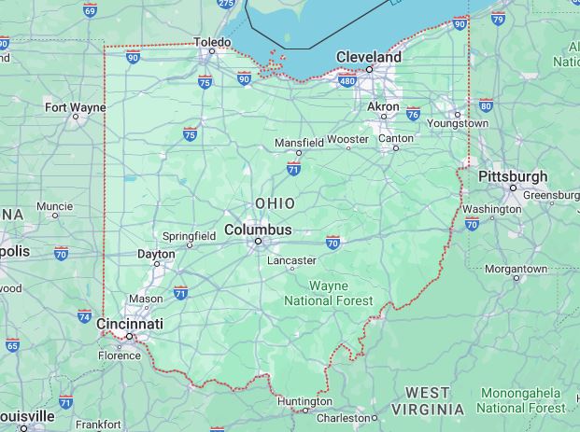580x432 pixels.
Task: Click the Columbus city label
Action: (x=258, y=230)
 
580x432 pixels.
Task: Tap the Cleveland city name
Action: (x=369, y=57)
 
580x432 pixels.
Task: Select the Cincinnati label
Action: (x=130, y=324)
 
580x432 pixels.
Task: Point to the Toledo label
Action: (x=211, y=42)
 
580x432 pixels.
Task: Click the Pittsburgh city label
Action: (x=513, y=176)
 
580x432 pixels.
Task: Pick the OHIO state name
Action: (x=275, y=203)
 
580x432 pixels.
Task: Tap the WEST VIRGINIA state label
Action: (x=428, y=401)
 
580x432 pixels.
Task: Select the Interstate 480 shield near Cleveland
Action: (x=347, y=81)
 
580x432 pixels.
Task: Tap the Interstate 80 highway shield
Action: (x=486, y=105)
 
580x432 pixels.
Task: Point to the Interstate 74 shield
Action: (x=85, y=316)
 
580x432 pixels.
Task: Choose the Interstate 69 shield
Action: (x=90, y=9)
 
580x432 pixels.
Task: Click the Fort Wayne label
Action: (x=76, y=107)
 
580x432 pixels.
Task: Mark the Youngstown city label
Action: (x=458, y=123)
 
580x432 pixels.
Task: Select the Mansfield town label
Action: (x=299, y=143)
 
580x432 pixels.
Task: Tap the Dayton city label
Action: (x=156, y=254)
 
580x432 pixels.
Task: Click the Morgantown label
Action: (x=516, y=269)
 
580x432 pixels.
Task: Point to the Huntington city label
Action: (x=304, y=401)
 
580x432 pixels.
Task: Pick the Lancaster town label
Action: (x=291, y=261)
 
